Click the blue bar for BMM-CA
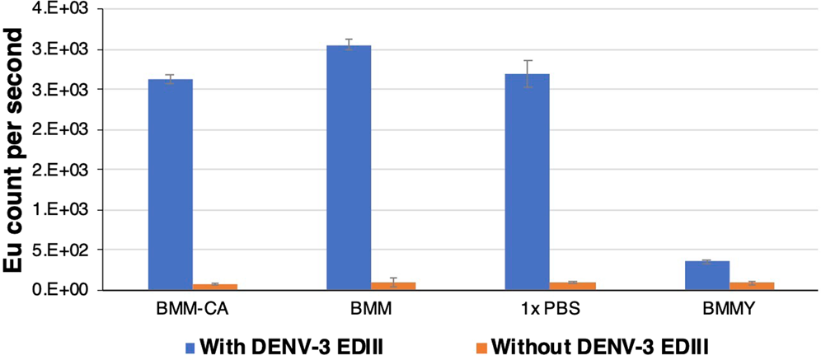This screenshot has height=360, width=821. (170, 185)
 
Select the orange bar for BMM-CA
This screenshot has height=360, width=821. (214, 287)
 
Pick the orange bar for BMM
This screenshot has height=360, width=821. (393, 286)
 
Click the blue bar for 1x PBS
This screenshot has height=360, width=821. (528, 182)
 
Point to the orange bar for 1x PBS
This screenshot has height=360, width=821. (573, 286)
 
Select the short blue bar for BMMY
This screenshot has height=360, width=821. (707, 275)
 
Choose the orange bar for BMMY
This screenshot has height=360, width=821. (752, 286)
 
